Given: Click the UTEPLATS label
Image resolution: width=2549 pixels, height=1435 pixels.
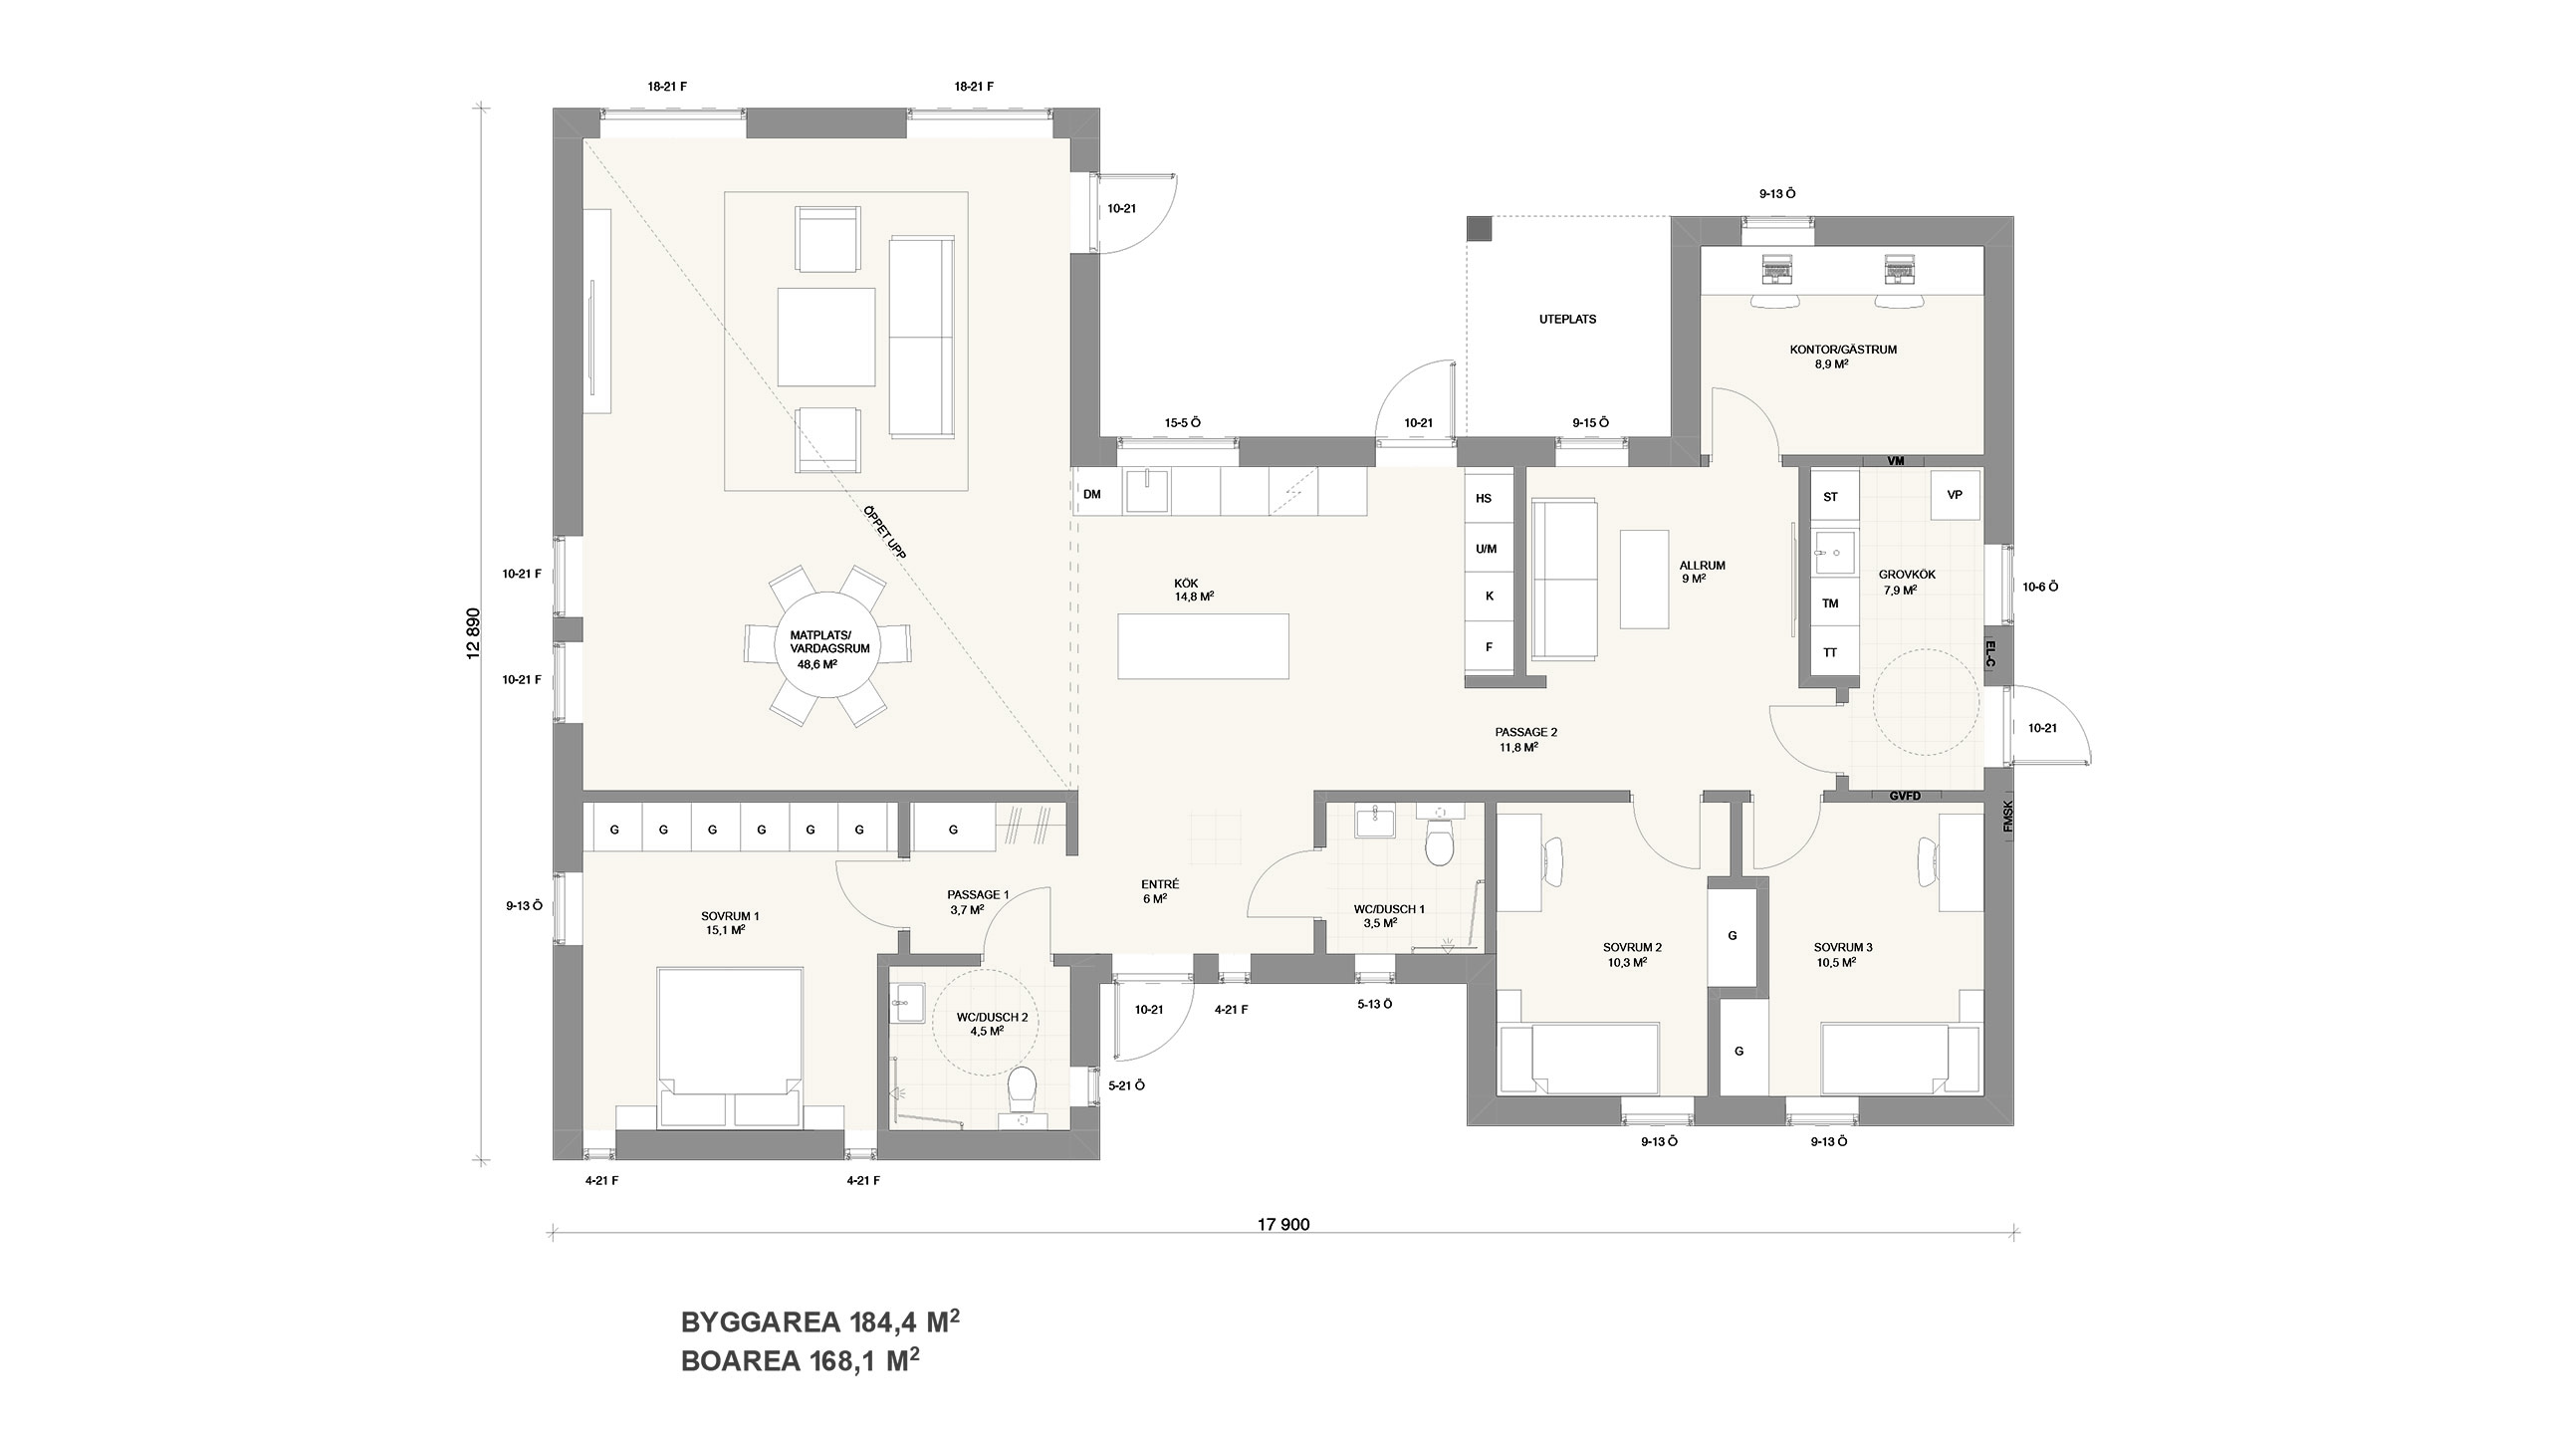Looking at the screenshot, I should tap(1567, 320).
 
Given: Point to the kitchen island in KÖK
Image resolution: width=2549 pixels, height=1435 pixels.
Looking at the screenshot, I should tap(1204, 646).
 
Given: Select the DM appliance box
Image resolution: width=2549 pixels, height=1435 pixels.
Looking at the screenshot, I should tap(1092, 494).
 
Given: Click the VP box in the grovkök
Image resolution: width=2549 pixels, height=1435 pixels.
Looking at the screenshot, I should tap(1955, 494).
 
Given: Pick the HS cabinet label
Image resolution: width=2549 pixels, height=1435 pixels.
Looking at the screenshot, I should tap(1484, 499).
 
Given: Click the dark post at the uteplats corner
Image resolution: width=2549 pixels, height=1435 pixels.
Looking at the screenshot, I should tap(1481, 228).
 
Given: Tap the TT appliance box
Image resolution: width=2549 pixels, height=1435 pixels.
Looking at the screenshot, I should tap(1830, 653).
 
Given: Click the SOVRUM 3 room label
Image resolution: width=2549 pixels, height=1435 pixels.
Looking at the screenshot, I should tap(1843, 954).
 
